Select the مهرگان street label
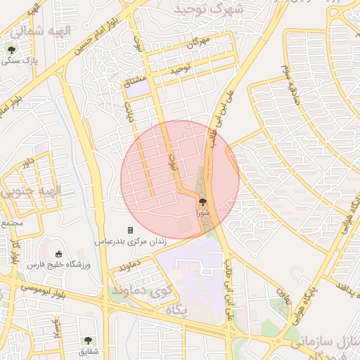(198, 43)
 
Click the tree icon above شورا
(204, 202)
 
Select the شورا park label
(202, 212)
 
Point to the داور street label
(27, 164)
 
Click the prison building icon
(130, 230)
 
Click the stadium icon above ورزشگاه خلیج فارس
(58, 253)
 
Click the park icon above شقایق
(88, 340)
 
